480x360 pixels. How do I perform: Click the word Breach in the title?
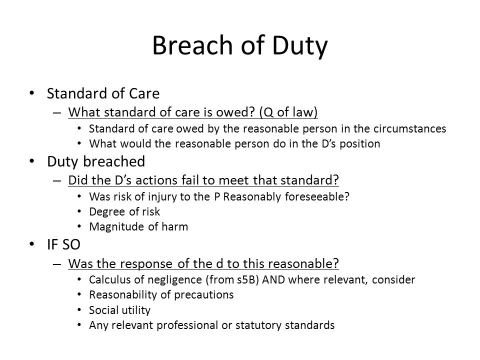click(x=192, y=45)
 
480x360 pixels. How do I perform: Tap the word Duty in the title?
click(x=299, y=46)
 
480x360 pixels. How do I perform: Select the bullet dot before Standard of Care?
click(x=32, y=93)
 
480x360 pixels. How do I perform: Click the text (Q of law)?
click(x=288, y=112)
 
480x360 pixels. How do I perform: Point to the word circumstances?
click(x=409, y=128)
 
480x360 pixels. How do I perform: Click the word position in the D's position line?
click(x=360, y=144)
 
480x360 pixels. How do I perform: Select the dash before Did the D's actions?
click(x=57, y=180)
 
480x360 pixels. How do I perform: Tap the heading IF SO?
click(x=63, y=244)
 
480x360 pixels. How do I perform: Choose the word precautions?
click(x=203, y=295)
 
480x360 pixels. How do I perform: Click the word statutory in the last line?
click(x=258, y=325)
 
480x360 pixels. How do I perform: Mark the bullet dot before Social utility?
click(x=79, y=310)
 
